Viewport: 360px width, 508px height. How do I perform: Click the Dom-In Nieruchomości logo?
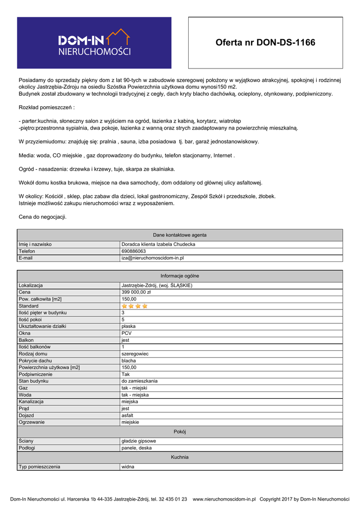(94, 43)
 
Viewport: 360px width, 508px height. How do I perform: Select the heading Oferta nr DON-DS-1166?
(265, 43)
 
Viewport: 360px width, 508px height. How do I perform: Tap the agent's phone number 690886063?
(134, 251)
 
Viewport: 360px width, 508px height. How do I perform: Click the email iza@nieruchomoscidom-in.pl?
(152, 258)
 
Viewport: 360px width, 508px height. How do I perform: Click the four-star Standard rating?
(135, 306)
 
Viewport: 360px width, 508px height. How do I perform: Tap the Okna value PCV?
(127, 333)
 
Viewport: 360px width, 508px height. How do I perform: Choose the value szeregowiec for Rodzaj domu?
(135, 354)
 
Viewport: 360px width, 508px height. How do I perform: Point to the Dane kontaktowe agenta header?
(180, 235)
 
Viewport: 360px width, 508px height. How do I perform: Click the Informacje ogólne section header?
(180, 276)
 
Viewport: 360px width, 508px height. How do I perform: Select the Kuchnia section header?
(180, 457)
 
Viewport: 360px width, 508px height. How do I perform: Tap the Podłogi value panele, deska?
(137, 447)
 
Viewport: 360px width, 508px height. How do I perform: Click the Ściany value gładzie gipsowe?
(139, 441)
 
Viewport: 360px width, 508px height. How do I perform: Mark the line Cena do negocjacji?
(42, 217)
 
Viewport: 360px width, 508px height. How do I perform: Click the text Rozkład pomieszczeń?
(46, 107)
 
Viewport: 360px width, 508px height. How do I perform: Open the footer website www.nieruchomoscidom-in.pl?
(224, 499)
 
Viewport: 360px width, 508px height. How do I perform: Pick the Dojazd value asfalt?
(127, 415)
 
